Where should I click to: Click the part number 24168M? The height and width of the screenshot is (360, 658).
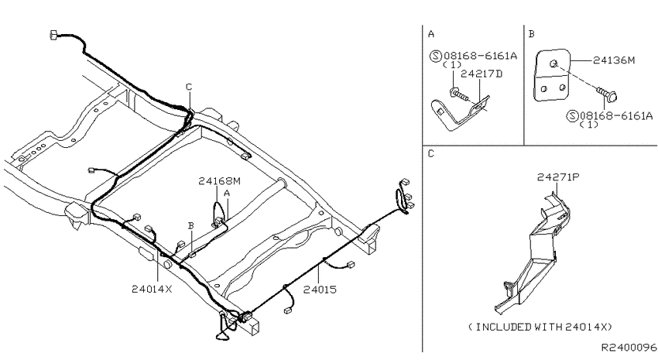220,181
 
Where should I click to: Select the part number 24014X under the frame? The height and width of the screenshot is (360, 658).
152,289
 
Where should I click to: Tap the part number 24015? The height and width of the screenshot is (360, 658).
320,290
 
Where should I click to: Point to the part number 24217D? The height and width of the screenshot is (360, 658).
482,74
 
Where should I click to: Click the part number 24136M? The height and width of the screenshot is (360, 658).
614,60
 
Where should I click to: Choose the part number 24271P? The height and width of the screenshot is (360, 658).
558,177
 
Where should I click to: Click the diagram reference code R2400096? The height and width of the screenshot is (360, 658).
629,348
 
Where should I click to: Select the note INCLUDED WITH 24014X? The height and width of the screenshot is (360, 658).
540,327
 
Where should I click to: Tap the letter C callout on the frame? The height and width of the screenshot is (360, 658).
189,87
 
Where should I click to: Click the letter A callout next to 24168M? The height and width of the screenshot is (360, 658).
227,194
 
